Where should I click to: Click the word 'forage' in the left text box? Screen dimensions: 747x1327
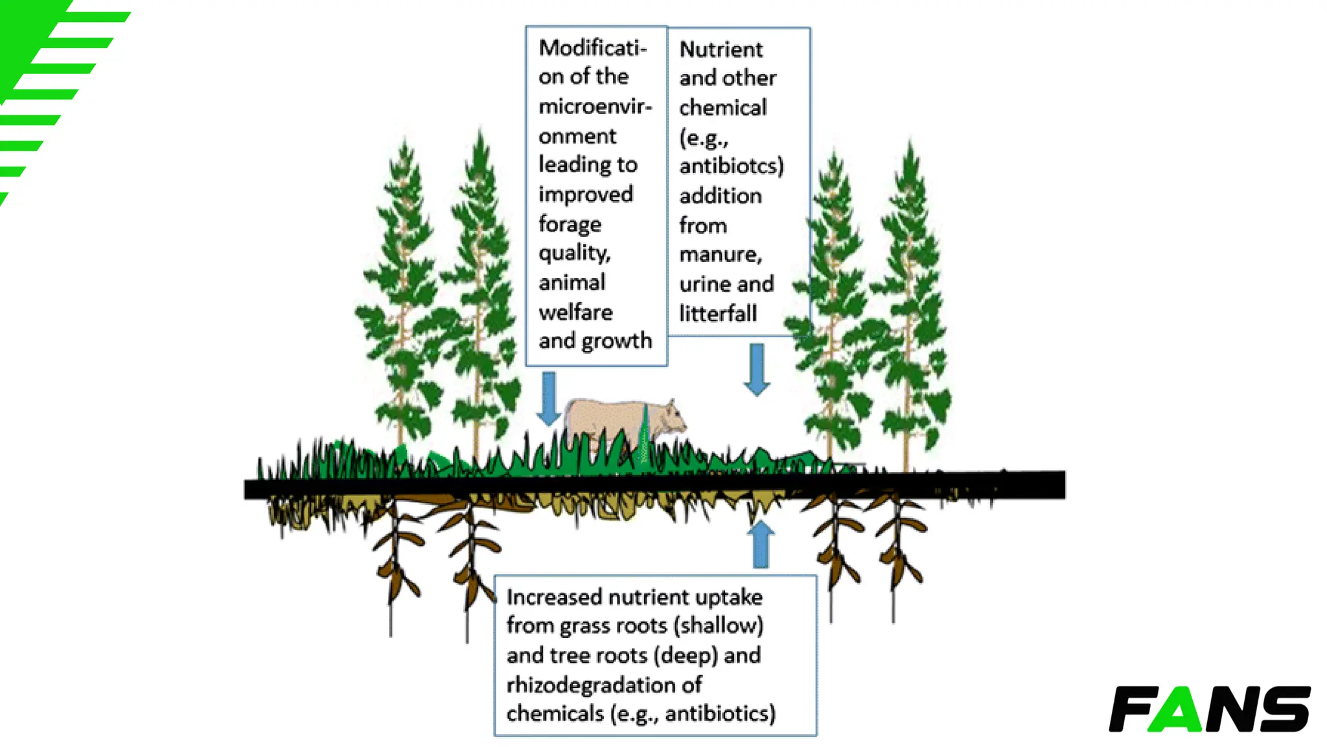[570, 224]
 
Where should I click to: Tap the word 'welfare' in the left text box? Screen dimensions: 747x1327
[575, 313]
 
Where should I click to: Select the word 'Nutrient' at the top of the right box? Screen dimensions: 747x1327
[721, 49]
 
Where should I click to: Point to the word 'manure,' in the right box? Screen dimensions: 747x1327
[721, 254]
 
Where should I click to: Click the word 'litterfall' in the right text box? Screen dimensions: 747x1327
[718, 314]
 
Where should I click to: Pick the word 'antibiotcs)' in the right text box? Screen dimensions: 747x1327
[732, 166]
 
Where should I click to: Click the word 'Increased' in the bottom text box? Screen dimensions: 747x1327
[554, 597]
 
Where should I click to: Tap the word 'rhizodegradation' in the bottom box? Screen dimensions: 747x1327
[593, 685]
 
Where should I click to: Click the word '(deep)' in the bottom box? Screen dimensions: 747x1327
[685, 656]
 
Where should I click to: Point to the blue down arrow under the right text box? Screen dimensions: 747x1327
[757, 369]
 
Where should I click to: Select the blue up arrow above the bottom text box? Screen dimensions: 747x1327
[761, 545]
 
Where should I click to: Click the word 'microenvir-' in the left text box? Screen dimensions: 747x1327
[595, 106]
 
